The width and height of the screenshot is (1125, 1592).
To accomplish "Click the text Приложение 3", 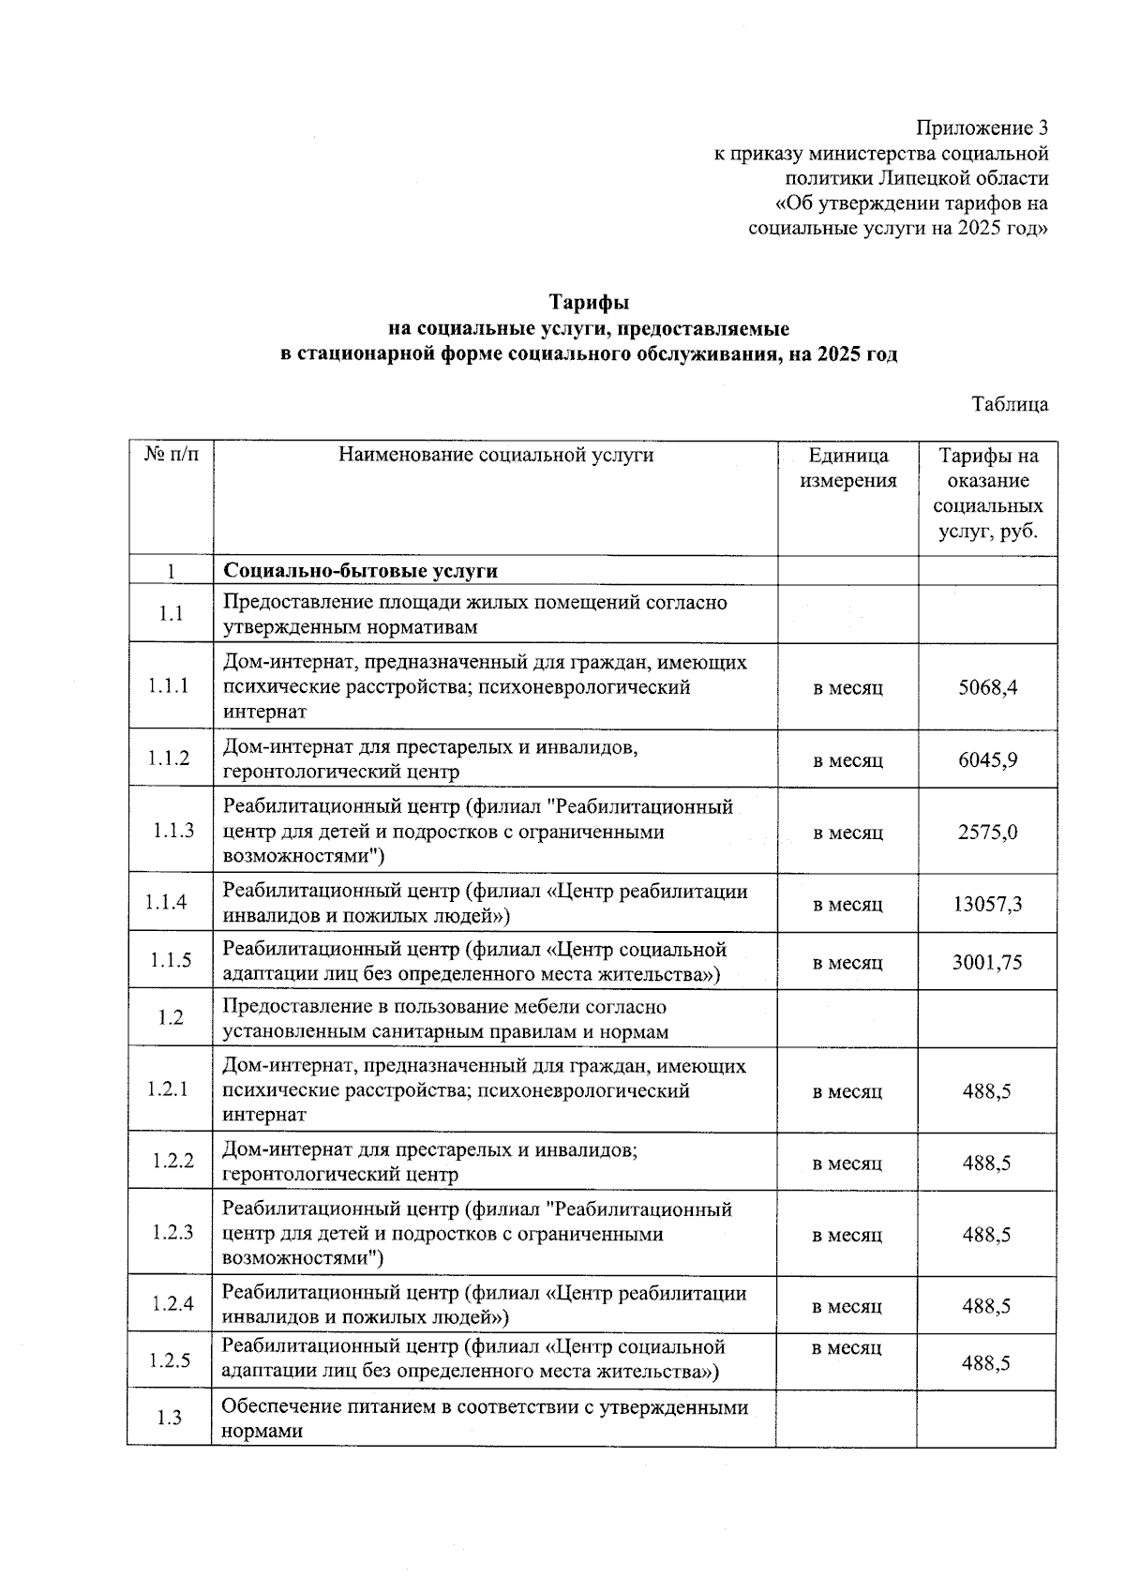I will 982,128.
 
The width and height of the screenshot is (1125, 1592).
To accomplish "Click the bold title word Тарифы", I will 589,303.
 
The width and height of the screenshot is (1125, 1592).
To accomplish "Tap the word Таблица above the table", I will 1010,405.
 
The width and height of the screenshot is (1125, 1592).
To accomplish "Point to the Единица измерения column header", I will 847,468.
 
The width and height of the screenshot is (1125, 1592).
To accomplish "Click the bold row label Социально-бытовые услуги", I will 360,571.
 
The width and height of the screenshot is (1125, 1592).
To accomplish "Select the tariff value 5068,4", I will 987,687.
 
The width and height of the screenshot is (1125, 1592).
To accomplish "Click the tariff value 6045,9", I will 987,759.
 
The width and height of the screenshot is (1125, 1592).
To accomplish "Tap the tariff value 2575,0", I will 987,833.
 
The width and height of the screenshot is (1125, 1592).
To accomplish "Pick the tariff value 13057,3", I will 987,905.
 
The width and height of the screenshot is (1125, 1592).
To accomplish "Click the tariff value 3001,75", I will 987,963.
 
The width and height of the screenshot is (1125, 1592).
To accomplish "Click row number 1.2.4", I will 173,1303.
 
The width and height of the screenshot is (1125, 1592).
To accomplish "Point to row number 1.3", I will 170,1418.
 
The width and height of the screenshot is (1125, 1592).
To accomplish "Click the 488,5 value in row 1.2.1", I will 986,1091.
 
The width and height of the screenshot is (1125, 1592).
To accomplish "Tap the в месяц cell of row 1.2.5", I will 847,1348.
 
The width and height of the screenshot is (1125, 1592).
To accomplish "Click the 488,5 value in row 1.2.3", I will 986,1235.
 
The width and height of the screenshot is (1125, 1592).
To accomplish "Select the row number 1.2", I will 171,1017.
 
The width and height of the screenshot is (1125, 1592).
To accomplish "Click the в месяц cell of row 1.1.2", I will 847,760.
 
